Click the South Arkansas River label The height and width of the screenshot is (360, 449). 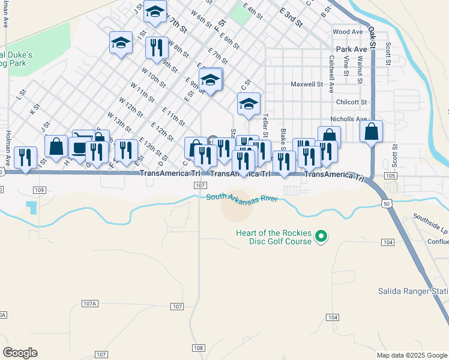[242, 198]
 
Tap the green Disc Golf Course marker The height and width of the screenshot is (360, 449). [321, 237]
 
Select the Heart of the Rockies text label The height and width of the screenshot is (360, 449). [273, 233]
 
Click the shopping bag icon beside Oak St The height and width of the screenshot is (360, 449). [372, 131]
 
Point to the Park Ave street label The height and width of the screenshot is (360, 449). [351, 49]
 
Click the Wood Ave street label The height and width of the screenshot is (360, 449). [348, 32]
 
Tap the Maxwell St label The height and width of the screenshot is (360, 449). [307, 85]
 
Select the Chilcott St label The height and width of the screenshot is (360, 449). [351, 103]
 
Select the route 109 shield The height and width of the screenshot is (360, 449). [40, 190]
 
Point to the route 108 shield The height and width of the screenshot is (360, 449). [199, 348]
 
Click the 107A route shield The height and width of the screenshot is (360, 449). [89, 304]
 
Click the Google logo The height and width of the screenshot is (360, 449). [20, 353]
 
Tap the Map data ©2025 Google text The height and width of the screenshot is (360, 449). [411, 355]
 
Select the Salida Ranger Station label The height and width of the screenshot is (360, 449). [413, 291]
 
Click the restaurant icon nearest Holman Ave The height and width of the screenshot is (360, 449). [25, 158]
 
